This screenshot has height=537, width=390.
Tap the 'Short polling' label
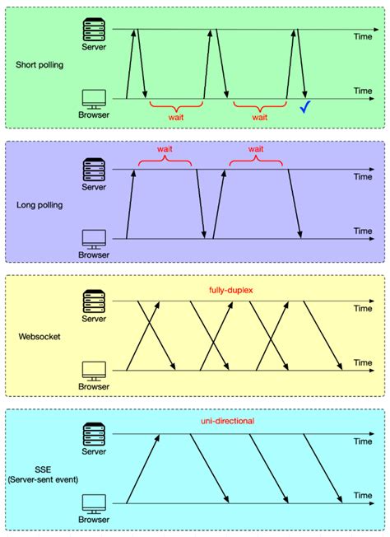pyautogui.click(x=39, y=63)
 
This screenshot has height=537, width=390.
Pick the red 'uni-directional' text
pyautogui.click(x=227, y=421)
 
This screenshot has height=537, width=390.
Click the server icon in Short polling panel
pyautogui.click(x=94, y=29)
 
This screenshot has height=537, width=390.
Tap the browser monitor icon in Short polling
pyautogui.click(x=94, y=99)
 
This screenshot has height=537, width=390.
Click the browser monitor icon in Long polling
pyautogui.click(x=94, y=239)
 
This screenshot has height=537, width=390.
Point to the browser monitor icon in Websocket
pyautogui.click(x=94, y=370)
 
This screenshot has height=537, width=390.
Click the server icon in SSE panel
pyautogui.click(x=94, y=434)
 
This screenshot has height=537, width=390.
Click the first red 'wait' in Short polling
pyautogui.click(x=176, y=118)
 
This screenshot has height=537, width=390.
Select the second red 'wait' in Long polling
pyautogui.click(x=256, y=150)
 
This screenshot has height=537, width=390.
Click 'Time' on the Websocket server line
pyautogui.click(x=362, y=309)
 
